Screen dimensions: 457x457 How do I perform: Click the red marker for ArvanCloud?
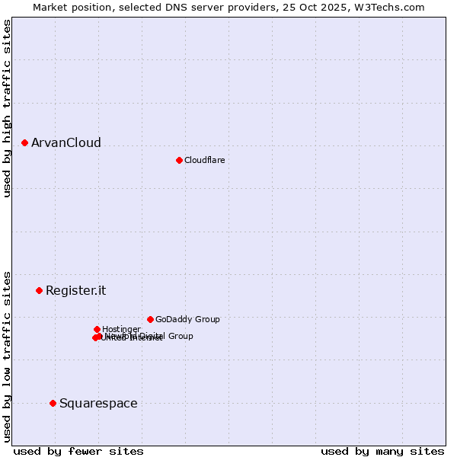(24, 142)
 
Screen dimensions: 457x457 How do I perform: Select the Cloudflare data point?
(179, 160)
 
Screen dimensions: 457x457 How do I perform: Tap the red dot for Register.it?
(39, 290)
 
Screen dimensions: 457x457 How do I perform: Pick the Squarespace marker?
(53, 403)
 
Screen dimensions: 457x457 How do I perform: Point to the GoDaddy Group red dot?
(150, 319)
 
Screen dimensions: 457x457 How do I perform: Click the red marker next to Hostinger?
(97, 329)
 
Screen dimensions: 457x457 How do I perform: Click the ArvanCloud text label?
(66, 143)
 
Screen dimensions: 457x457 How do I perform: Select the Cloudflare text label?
(204, 160)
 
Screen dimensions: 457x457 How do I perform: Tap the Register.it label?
(75, 290)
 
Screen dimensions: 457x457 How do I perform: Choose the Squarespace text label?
(98, 403)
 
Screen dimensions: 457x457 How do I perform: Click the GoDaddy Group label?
(187, 319)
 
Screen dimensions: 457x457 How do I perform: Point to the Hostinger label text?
(121, 329)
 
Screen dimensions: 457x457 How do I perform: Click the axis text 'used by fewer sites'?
(78, 451)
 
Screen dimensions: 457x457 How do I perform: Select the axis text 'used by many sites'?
(382, 451)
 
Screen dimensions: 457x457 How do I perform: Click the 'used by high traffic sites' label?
(7, 108)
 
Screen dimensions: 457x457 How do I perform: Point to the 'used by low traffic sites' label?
(7, 356)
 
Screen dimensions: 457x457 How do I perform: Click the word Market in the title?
(50, 7)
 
